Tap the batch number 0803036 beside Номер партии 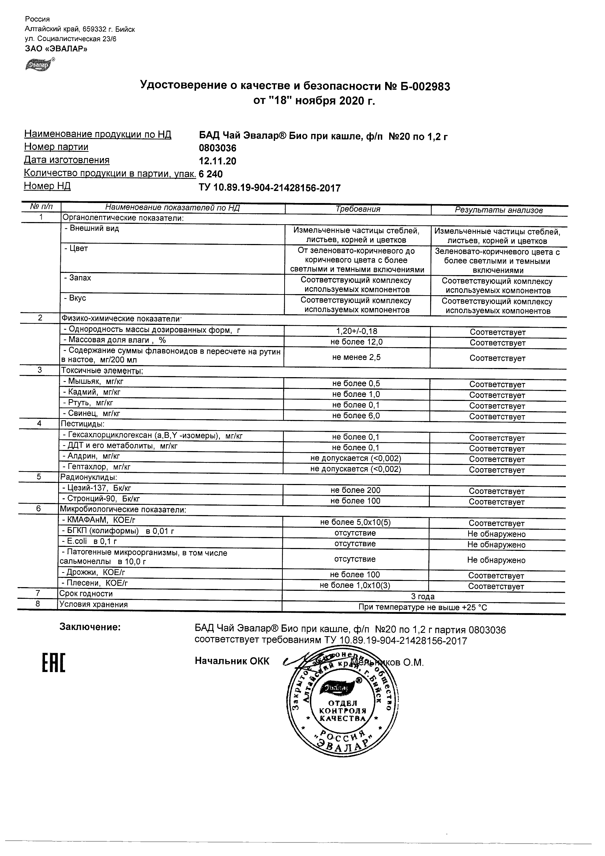218,149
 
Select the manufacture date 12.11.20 218,161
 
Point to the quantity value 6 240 211,174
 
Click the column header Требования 358,209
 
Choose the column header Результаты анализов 499,210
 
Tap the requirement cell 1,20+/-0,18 357,331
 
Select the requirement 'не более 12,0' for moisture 357,342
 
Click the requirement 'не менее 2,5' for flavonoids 356,357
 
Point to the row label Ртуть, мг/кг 89,403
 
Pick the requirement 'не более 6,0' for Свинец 356,416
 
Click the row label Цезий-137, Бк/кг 97,488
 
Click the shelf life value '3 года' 423,597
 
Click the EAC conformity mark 53,663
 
